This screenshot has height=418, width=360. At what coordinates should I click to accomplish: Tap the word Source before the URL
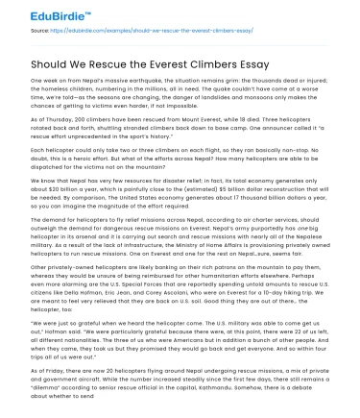pos(41,31)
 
